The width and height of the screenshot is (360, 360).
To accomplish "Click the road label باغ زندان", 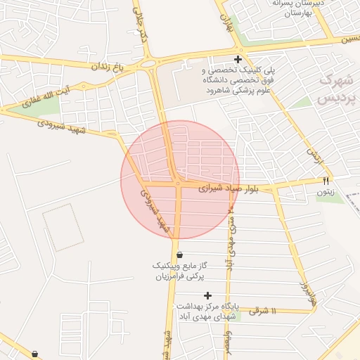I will [x=107, y=66].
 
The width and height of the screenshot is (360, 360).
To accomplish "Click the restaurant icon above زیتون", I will [x=326, y=181].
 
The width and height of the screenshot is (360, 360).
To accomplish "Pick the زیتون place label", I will [x=326, y=191].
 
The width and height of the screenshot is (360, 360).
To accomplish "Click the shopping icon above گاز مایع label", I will [x=180, y=255].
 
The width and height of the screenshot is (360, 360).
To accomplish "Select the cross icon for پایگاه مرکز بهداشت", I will [x=207, y=295].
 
